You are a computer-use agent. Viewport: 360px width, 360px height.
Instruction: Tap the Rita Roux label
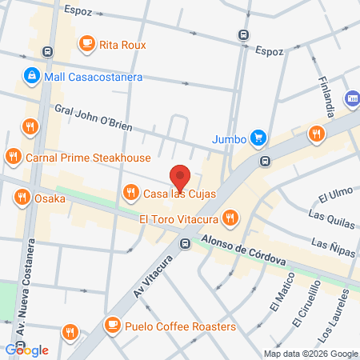click(x=122, y=45)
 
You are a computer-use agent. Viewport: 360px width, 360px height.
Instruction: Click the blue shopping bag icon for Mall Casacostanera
click(x=30, y=76)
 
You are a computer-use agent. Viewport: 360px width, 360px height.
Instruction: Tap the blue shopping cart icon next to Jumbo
click(x=258, y=138)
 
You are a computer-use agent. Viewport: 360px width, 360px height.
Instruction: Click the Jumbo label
click(x=228, y=138)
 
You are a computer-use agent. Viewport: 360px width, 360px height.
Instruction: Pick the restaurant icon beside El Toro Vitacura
click(x=230, y=218)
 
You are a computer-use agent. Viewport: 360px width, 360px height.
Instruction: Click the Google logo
click(x=27, y=350)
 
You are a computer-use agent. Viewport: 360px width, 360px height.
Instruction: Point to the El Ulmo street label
click(x=335, y=194)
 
